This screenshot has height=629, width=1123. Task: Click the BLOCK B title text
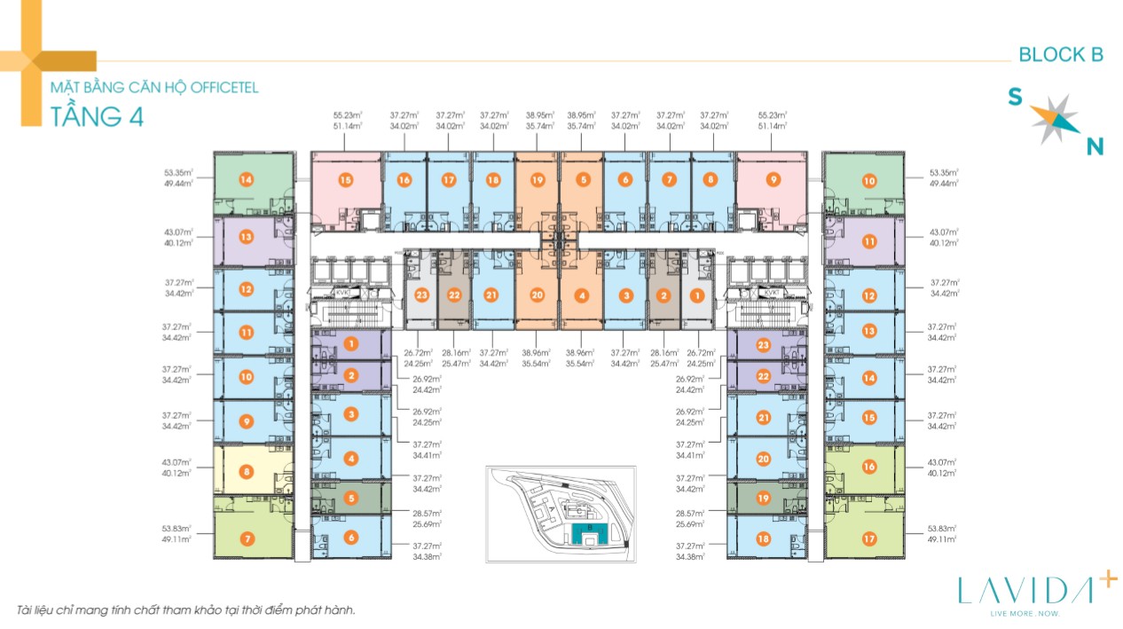coord(1060,54)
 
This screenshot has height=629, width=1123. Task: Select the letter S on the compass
coord(1015,98)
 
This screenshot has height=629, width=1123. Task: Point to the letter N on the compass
coord(1096,147)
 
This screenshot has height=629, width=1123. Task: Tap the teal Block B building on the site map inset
coord(585,533)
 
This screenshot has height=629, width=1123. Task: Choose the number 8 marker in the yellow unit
coord(247,472)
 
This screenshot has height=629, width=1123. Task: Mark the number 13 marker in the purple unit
coord(247,237)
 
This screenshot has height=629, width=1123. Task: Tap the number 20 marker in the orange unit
coord(537,295)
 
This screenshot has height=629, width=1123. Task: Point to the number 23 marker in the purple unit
coord(764,344)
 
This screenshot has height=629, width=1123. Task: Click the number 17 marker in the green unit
coord(869,538)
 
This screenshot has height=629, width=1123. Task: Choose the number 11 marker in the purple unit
coord(869,241)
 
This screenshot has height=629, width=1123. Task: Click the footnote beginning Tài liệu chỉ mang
coord(185,610)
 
